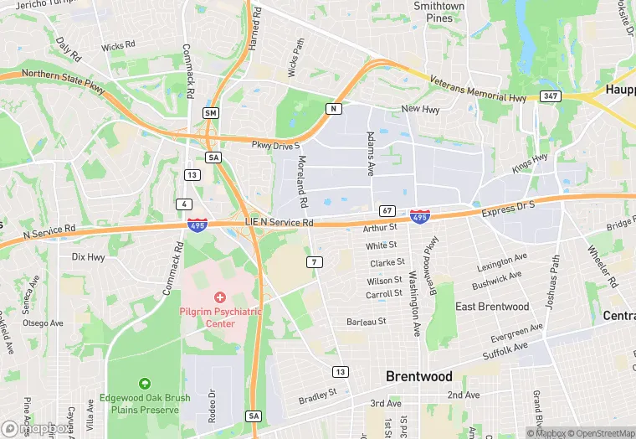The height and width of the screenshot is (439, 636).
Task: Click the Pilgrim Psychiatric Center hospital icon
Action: pos(220,297)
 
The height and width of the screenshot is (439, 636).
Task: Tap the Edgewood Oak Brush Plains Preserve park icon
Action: pos(144,383)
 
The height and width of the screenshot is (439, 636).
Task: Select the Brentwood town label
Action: pos(418,377)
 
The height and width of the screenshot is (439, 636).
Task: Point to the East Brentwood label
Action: pos(492,307)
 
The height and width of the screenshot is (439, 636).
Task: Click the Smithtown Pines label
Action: pos(439,12)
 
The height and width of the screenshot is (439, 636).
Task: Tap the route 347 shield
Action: pos(549,97)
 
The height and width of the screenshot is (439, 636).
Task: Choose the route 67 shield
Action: pos(386,210)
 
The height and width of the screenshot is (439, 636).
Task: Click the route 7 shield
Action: pos(314,262)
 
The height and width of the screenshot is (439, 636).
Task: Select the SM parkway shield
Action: pos(210,112)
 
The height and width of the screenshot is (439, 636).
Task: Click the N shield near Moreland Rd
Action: pos(334,109)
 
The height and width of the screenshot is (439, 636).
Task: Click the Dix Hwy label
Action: pos(89,257)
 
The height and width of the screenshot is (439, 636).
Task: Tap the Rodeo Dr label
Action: pos(212,404)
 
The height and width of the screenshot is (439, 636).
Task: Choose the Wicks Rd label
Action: pos(118,46)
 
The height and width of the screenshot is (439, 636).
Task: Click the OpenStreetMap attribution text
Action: pos(600,432)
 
